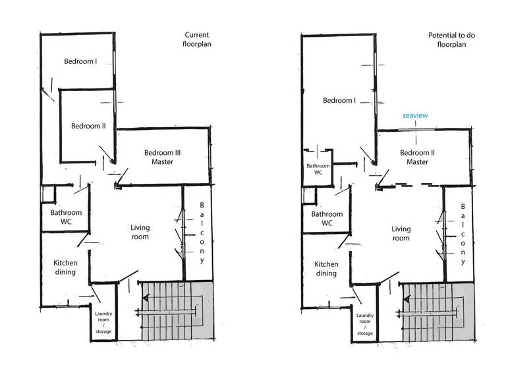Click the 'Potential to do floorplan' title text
452,40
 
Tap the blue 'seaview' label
416,115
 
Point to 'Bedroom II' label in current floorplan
88,126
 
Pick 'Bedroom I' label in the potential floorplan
339,101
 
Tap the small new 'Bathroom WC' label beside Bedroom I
318,169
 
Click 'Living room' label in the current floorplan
140,232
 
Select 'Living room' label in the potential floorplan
401,233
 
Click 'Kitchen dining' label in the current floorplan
65,268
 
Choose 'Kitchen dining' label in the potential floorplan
327,269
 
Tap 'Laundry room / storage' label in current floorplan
104,323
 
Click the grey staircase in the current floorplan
177,310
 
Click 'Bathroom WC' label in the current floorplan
67,217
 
